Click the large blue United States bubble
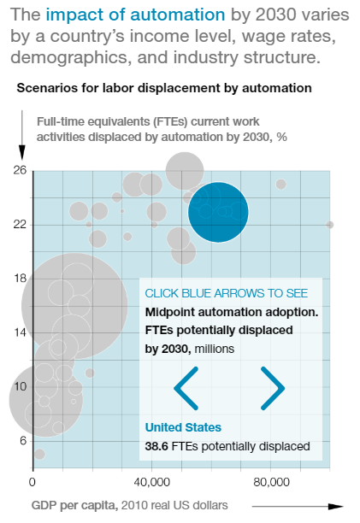click(218, 212)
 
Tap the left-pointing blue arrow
click(186, 388)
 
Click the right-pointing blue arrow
click(273, 388)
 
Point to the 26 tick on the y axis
click(20, 170)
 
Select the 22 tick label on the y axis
click(20, 225)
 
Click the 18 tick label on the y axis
click(20, 279)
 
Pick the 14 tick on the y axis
click(20, 332)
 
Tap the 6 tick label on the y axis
click(23, 441)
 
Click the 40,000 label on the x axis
click(152, 482)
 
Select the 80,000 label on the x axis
click(271, 482)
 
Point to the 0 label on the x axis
click(32, 482)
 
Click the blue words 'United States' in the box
click(183, 427)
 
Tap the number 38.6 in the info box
click(156, 446)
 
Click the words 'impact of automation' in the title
click(135, 15)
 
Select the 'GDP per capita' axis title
click(74, 506)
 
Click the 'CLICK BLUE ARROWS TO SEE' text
click(227, 293)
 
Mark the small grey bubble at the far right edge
click(329, 225)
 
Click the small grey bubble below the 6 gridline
click(39, 454)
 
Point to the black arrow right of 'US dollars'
click(298, 506)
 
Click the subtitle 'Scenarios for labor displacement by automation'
click(164, 88)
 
